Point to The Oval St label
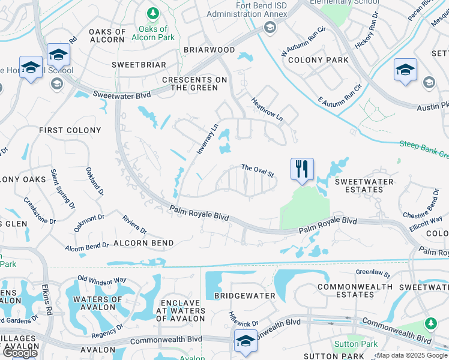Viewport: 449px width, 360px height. click(x=258, y=171)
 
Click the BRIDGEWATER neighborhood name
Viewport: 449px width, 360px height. click(x=240, y=296)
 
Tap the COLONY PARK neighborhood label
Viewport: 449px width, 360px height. click(x=318, y=60)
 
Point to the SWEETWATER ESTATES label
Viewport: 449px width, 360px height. click(x=364, y=185)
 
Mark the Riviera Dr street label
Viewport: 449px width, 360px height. click(x=134, y=224)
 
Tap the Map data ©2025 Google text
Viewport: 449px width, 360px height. click(x=412, y=355)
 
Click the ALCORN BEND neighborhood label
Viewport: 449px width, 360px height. click(x=143, y=243)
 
